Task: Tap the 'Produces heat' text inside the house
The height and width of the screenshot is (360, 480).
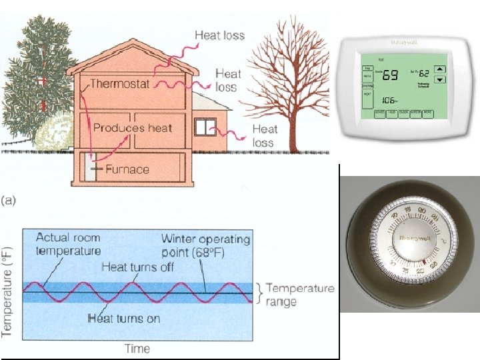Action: click(x=132, y=127)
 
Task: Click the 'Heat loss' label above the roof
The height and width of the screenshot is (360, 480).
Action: click(x=219, y=35)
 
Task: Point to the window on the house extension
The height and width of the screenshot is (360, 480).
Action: click(x=205, y=127)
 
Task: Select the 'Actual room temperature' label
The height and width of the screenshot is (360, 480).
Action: click(x=68, y=243)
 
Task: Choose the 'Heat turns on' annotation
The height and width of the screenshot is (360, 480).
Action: click(x=125, y=318)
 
